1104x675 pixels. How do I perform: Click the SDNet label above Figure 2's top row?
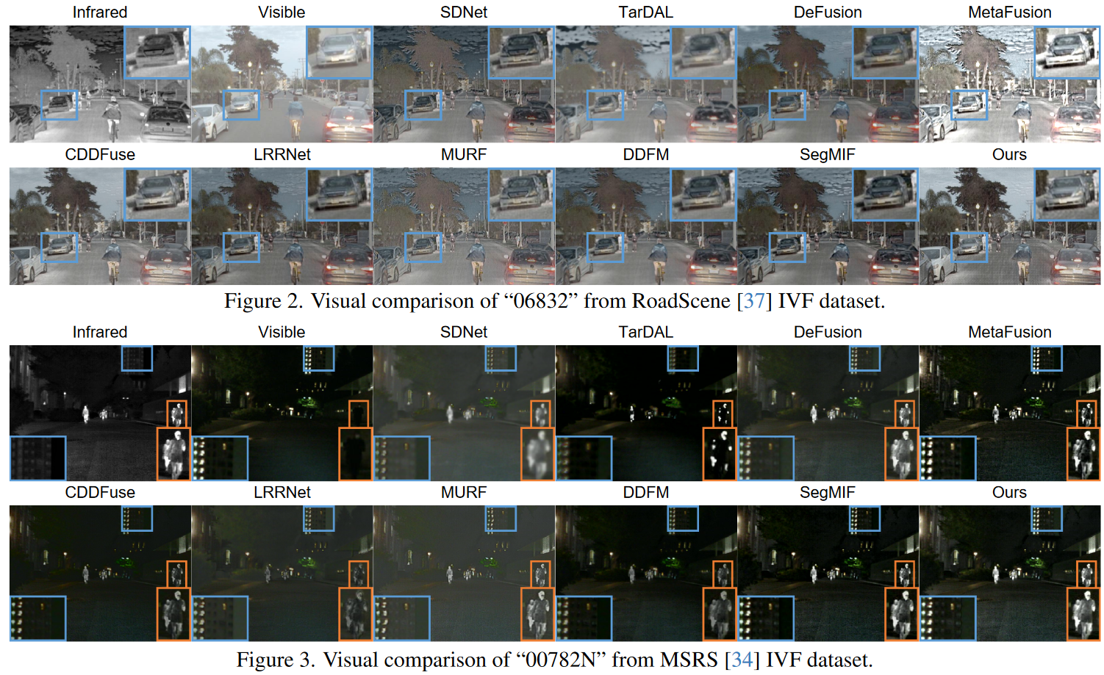[x=463, y=12]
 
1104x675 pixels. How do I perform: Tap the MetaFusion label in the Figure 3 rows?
[x=1009, y=332]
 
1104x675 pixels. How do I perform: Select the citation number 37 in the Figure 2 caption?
[x=753, y=301]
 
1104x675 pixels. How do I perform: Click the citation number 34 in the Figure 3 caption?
[x=742, y=660]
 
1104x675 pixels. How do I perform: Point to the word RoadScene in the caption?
[x=681, y=301]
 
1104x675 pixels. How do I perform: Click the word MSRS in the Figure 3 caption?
[x=689, y=660]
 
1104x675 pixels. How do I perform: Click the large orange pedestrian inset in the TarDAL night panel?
[x=720, y=454]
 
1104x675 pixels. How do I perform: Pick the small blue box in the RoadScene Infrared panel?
[x=59, y=105]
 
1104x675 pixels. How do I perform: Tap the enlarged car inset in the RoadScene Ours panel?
[x=1067, y=194]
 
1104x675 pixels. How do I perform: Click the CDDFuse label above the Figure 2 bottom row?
[x=100, y=155]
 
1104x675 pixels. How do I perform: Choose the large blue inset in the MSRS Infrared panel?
[x=37, y=458]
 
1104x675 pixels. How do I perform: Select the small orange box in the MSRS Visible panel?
[x=359, y=414]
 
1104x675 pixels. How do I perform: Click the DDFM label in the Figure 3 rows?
[x=645, y=492]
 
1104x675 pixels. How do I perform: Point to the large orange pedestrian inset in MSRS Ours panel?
[x=1083, y=614]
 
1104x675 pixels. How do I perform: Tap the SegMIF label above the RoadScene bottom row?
[x=827, y=155]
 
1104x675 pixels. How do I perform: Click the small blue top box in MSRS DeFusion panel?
[x=864, y=358]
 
